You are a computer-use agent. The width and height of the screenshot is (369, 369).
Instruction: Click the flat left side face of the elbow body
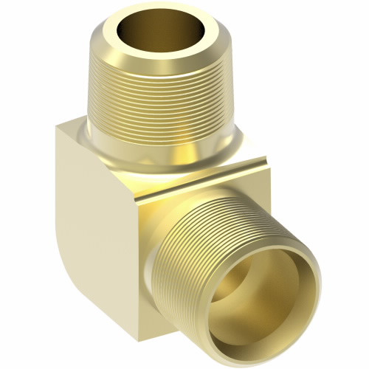click(89, 221)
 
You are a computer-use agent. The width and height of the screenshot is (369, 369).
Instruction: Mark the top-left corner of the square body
click(58, 127)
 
